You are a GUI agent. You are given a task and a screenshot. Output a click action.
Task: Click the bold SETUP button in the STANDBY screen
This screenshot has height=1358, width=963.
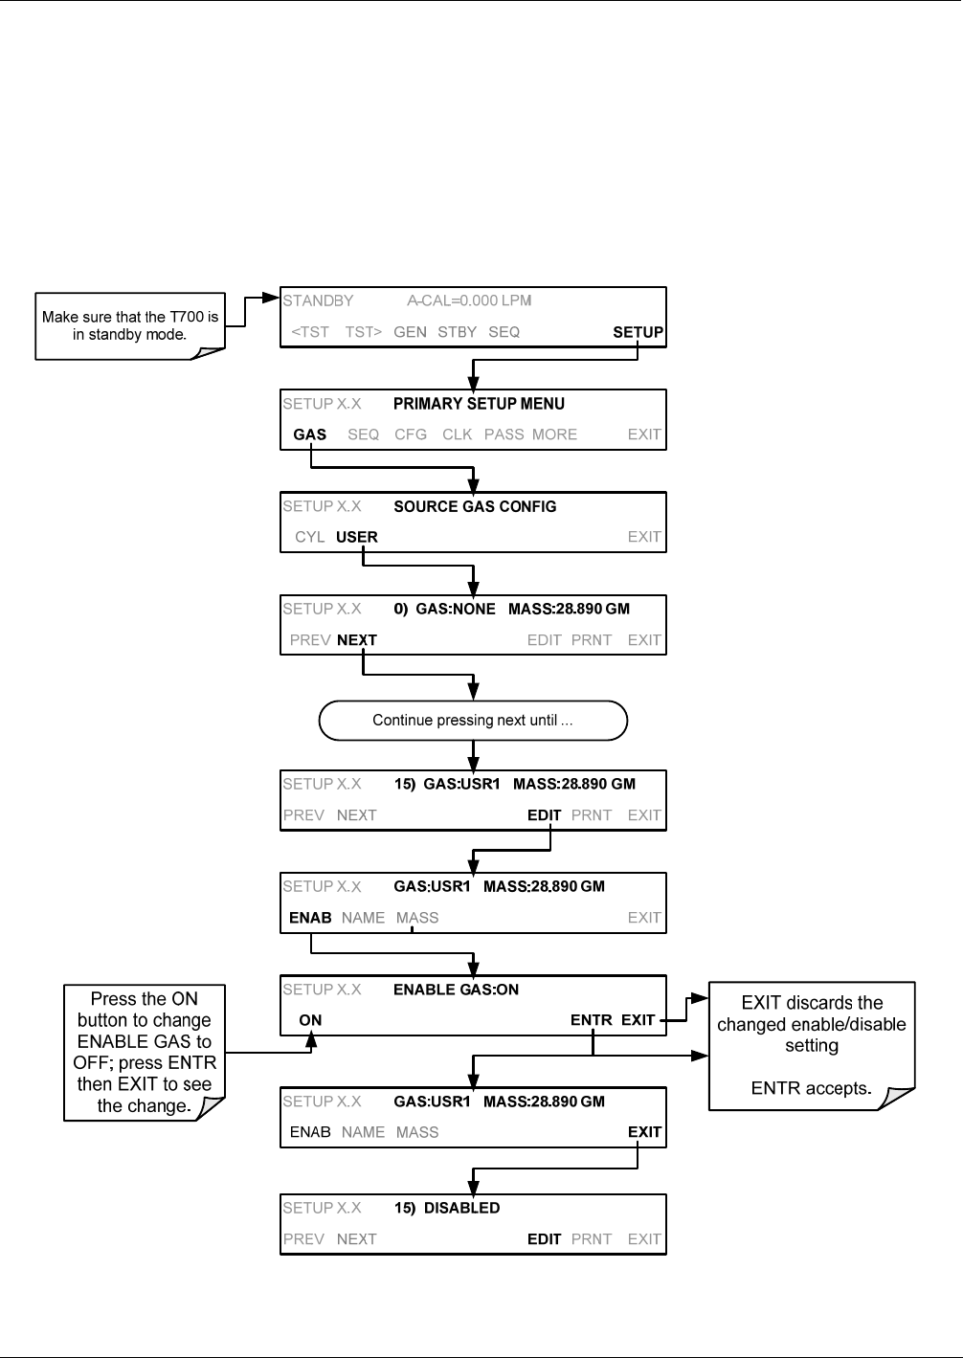(638, 332)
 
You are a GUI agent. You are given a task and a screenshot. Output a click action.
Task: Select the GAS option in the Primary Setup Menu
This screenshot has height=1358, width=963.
(310, 434)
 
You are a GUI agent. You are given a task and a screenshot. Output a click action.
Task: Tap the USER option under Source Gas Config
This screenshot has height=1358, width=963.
(356, 537)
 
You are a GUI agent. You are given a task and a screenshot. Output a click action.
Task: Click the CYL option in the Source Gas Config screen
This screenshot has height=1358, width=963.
(309, 537)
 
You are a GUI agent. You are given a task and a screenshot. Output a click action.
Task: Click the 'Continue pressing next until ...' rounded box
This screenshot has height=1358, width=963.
(473, 721)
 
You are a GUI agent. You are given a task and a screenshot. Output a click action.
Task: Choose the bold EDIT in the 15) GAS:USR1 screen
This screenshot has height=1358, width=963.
(544, 815)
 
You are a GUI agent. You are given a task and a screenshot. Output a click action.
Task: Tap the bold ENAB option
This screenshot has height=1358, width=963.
(310, 918)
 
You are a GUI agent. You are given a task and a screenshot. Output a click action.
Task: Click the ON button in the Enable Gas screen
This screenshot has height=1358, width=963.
(310, 1020)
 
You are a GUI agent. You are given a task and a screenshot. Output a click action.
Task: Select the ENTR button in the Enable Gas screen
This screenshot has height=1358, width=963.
(592, 1020)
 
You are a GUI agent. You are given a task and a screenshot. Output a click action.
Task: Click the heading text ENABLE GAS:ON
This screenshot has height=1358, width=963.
(456, 990)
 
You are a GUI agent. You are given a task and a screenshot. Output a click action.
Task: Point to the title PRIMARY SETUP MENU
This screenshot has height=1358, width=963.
(479, 404)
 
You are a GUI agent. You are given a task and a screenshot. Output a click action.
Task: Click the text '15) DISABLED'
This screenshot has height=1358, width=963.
(447, 1208)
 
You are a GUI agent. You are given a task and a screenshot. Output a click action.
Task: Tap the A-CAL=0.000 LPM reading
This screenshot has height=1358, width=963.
(469, 301)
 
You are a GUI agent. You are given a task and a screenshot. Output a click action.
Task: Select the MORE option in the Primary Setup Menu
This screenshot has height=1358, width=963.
(554, 434)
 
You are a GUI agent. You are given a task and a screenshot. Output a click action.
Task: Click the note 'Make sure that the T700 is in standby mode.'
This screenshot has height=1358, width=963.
(130, 325)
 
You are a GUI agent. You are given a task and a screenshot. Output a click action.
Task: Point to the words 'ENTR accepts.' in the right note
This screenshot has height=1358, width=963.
(812, 1088)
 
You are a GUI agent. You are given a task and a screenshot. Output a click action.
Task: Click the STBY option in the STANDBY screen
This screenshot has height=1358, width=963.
(458, 332)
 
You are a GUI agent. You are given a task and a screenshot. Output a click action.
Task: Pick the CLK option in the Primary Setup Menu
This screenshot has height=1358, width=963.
(458, 434)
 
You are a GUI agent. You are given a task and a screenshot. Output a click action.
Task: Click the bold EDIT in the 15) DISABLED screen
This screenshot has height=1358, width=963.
(544, 1239)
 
